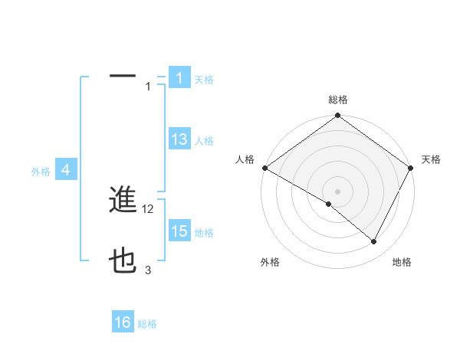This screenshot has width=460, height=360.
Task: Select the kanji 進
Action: (x=123, y=200)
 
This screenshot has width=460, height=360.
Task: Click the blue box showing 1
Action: (x=179, y=78)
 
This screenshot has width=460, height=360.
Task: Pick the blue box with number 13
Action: (x=179, y=139)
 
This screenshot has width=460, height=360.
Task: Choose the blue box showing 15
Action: (x=179, y=231)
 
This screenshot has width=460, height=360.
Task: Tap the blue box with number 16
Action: (x=123, y=322)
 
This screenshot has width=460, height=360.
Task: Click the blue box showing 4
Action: (x=66, y=171)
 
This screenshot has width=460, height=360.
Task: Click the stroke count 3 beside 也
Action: (x=148, y=270)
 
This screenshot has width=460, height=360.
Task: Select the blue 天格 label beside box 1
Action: (x=204, y=79)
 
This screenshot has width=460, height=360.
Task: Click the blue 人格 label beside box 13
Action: (x=204, y=141)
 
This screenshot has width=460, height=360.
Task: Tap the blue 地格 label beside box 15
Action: (x=204, y=233)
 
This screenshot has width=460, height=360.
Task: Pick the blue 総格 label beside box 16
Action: (x=147, y=324)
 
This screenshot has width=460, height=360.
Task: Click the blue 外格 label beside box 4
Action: (x=41, y=172)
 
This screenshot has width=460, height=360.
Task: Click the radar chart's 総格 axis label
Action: (x=338, y=100)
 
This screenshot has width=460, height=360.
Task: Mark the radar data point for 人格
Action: (x=264, y=168)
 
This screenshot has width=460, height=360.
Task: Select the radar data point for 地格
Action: (x=374, y=242)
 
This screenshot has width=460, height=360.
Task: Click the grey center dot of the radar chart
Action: (x=337, y=191)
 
